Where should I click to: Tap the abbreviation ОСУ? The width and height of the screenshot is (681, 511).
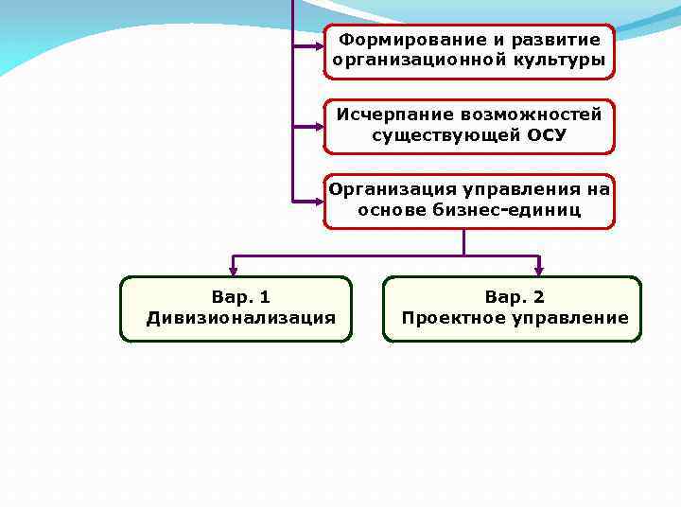[547, 135]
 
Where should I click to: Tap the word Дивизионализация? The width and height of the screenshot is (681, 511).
[240, 318]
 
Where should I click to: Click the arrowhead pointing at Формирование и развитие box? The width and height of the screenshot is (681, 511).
[317, 44]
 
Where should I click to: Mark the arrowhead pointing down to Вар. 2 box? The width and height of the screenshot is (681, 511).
[539, 268]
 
